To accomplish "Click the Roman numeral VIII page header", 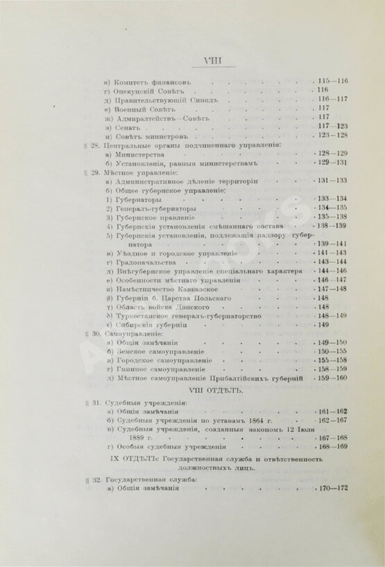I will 193,61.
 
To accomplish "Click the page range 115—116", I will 332,82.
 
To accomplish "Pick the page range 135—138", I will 332,217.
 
